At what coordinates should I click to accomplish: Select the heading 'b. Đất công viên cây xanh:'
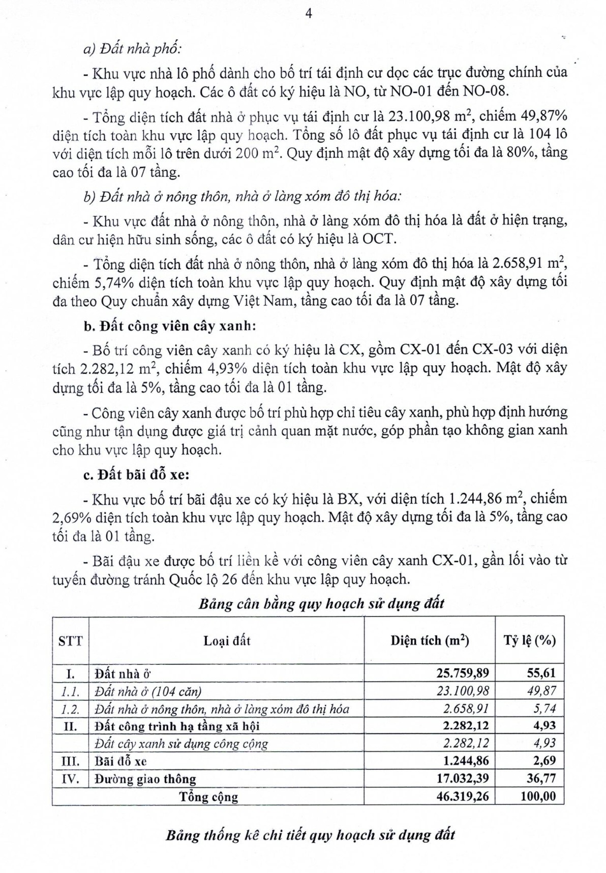[x=170, y=326]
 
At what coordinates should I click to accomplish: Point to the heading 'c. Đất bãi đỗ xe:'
[x=136, y=475]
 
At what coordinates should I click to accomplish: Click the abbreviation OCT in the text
[x=379, y=240]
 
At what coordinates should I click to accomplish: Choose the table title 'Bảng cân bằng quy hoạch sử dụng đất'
[x=321, y=603]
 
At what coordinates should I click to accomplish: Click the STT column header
[x=70, y=640]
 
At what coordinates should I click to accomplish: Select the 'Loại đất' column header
[x=227, y=640]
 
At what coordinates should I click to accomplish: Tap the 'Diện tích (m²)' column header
[x=430, y=640]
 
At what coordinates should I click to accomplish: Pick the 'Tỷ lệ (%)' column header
[x=530, y=640]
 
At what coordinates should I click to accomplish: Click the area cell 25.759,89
[x=463, y=673]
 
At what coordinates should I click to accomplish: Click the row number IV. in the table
[x=70, y=778]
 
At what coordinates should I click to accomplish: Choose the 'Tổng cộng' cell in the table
[x=208, y=796]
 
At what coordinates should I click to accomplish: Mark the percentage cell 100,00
[x=538, y=796]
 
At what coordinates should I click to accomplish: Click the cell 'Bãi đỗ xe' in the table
[x=121, y=761]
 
